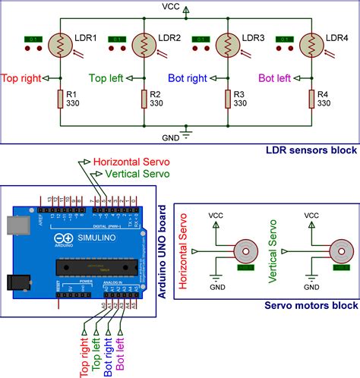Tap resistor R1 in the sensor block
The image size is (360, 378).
point(58,98)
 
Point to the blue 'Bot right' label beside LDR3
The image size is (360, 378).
point(187,77)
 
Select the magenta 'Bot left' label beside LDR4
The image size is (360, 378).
point(274,77)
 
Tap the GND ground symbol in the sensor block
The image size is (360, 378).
point(185,134)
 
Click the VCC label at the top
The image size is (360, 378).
point(172,6)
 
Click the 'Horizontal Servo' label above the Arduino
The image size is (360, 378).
point(131,162)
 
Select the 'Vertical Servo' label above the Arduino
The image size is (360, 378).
point(126,173)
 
